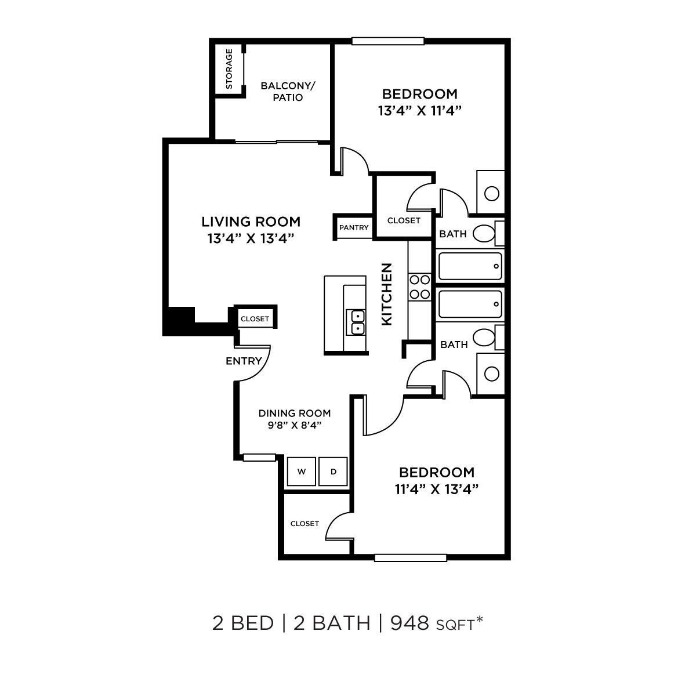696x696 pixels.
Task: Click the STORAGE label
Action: tap(229, 68)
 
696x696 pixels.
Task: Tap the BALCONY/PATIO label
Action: tap(288, 92)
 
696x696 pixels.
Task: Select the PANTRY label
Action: tap(354, 227)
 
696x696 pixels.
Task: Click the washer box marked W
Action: tap(302, 472)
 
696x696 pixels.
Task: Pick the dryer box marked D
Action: tap(333, 472)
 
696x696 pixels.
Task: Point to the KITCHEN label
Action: tap(387, 294)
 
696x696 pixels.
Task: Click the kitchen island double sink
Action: tap(356, 322)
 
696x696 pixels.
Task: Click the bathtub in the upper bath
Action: tap(470, 266)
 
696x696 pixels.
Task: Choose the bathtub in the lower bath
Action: tap(470, 304)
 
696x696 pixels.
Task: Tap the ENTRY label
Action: tap(244, 361)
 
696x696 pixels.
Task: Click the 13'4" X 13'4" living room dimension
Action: tap(251, 238)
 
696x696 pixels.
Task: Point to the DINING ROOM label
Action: tap(295, 414)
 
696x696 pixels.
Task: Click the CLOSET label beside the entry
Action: tap(255, 319)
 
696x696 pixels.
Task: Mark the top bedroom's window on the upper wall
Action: tap(387, 41)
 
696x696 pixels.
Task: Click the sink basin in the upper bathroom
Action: tap(492, 193)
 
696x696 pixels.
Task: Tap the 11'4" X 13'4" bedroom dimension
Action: tap(436, 489)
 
